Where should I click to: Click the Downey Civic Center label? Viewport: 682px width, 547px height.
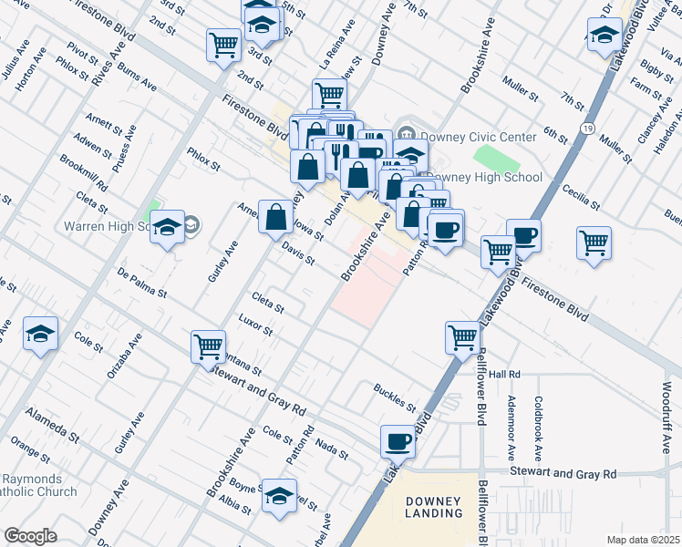coord(477,137)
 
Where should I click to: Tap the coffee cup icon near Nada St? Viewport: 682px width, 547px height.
coord(398,442)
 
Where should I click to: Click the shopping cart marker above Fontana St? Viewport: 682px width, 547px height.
coord(209,346)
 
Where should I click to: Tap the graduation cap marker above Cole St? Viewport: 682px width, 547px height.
coord(41,335)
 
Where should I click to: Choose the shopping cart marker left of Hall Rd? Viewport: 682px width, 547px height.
coord(463,336)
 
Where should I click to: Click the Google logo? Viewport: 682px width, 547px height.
coord(31,535)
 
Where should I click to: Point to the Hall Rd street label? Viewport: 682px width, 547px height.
coord(503,375)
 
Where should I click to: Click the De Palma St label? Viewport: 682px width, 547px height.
coord(141,283)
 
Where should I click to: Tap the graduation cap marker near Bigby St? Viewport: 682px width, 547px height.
coord(604,36)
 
